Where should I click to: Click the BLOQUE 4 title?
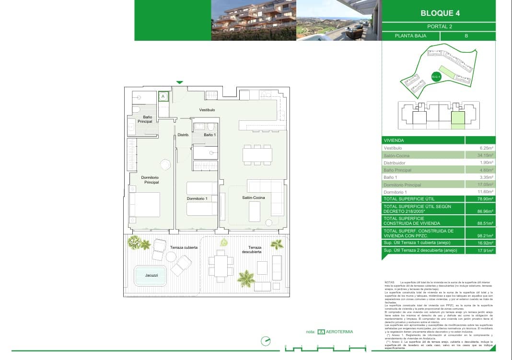click(439, 13)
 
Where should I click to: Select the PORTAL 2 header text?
click(439, 26)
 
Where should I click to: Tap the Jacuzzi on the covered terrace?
click(151, 276)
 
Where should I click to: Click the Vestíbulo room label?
click(207, 110)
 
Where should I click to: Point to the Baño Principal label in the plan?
click(144, 119)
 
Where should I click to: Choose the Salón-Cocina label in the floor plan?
click(253, 197)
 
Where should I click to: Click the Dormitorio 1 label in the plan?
click(197, 198)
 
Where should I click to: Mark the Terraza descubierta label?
click(252, 249)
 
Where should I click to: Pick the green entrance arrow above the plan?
click(180, 82)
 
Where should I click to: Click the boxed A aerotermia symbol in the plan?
click(163, 96)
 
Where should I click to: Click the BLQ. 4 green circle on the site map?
click(436, 77)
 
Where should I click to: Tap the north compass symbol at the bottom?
click(266, 341)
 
